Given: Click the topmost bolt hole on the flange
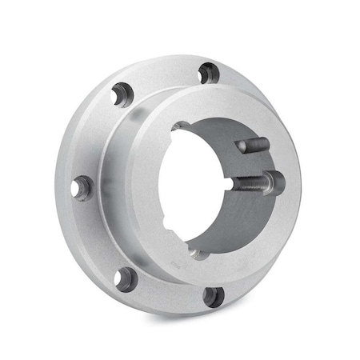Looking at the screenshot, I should (208, 73).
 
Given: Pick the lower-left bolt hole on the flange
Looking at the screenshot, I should (124, 279).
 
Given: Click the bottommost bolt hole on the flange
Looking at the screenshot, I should (212, 297).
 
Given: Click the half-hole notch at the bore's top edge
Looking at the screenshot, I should (182, 127).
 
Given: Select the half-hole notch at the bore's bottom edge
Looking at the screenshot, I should (195, 256).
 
